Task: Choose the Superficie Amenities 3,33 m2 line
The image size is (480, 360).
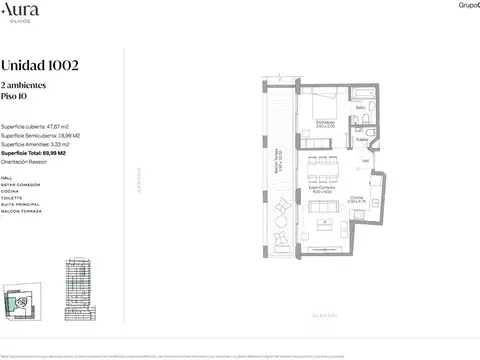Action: point(42,145)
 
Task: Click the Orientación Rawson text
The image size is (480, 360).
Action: point(31,163)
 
